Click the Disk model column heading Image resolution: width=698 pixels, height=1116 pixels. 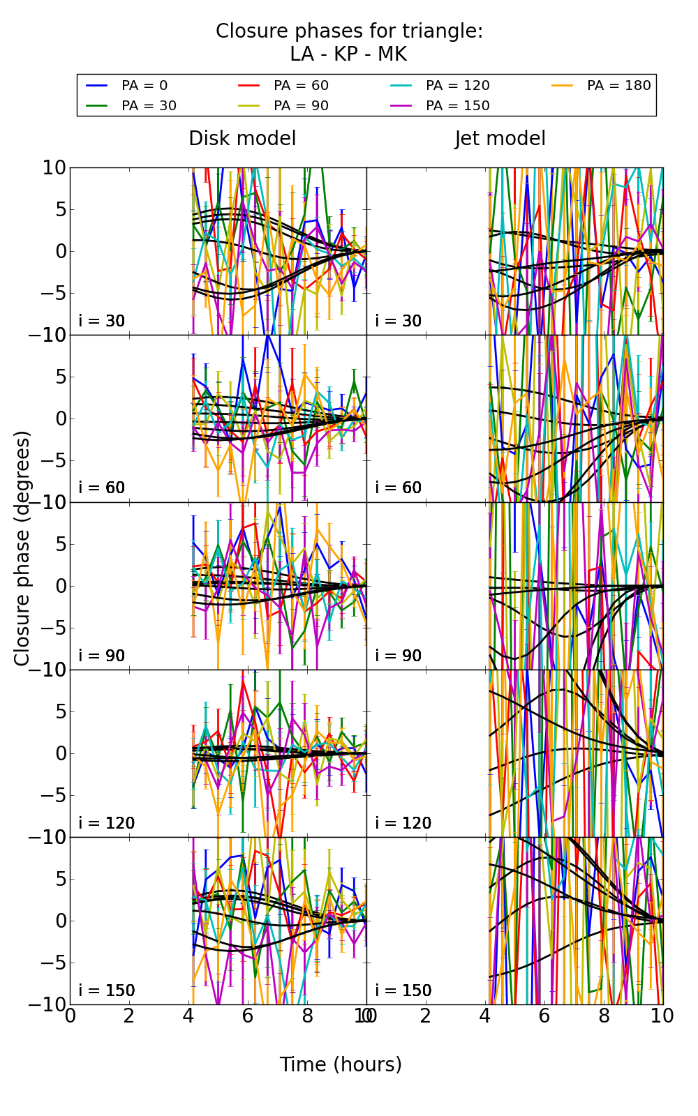pyautogui.click(x=242, y=139)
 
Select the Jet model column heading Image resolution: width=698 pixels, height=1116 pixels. pyautogui.click(x=500, y=139)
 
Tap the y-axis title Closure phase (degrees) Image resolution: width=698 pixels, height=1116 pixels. pyautogui.click(x=23, y=548)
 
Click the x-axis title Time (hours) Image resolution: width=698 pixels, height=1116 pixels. pyautogui.click(x=341, y=1064)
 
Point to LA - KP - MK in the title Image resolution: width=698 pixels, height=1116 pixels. pyautogui.click(x=348, y=54)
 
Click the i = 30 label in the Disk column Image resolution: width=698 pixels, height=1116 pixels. pyautogui.click(x=102, y=321)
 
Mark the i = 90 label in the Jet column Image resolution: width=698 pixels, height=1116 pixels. pyautogui.click(x=399, y=656)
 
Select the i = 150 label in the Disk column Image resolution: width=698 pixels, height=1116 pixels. pyautogui.click(x=107, y=990)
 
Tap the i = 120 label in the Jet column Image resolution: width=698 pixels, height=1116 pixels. pyautogui.click(x=403, y=823)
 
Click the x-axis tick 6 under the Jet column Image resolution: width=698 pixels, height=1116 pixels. pyautogui.click(x=544, y=1016)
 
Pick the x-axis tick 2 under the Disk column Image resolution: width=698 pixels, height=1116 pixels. pyautogui.click(x=129, y=1016)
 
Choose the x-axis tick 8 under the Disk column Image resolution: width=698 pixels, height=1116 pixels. pyautogui.click(x=307, y=1016)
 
